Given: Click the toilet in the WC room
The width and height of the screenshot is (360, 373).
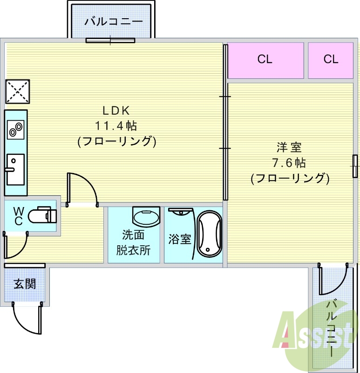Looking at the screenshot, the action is pos(42,215).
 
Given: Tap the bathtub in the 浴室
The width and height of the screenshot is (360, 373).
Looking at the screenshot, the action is pos(210,234).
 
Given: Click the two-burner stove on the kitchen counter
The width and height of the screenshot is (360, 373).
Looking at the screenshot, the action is pos(16,130).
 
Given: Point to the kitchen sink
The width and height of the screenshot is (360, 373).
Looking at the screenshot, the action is pos(15,169).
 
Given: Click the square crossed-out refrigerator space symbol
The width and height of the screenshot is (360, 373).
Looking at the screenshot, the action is pos(18,91).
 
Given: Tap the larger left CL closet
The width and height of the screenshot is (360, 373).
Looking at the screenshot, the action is pos(265,61).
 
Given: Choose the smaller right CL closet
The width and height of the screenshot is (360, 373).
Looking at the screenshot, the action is pos(331,61).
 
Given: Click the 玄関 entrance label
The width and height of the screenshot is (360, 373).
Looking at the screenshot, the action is pos(25,284).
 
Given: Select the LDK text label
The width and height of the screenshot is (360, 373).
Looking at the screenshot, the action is pos(116,111).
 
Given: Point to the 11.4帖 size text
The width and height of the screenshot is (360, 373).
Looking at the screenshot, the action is pos(116,125).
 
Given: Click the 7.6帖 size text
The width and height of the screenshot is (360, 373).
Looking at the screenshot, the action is pos(289,163).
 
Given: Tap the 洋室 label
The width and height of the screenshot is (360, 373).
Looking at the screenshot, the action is pos(289,147).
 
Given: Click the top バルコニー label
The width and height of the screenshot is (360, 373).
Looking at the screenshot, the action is pos(114,21).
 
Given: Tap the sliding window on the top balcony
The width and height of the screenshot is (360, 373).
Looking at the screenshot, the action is pos(110,41).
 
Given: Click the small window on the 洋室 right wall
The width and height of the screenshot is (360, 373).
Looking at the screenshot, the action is pos(355,166).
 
